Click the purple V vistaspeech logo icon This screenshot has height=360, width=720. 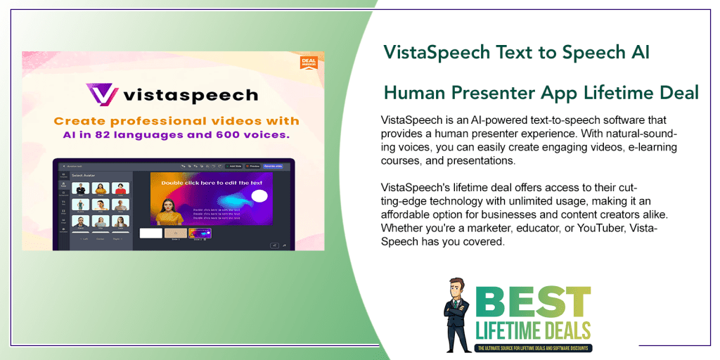click(x=101, y=94)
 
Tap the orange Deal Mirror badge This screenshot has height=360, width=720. click(x=308, y=62)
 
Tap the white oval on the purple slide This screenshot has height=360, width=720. click(x=259, y=196)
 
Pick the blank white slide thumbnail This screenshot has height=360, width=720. click(x=150, y=233)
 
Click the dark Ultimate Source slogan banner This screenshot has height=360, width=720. click(x=534, y=347)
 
